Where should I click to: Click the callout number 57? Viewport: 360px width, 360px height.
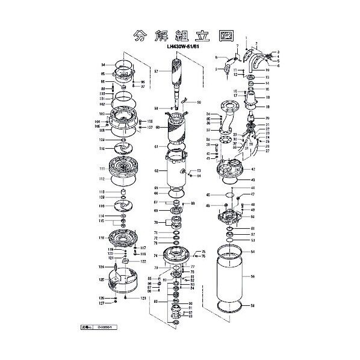[156, 71]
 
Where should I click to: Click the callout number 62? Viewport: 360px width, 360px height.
[156, 171]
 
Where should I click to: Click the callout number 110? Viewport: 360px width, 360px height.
[103, 148]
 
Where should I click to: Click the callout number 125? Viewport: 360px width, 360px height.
[102, 280]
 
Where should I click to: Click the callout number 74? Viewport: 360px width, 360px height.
[156, 255]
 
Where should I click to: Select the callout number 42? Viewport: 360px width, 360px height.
[253, 170]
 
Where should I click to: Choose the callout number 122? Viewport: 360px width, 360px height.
[143, 262]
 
